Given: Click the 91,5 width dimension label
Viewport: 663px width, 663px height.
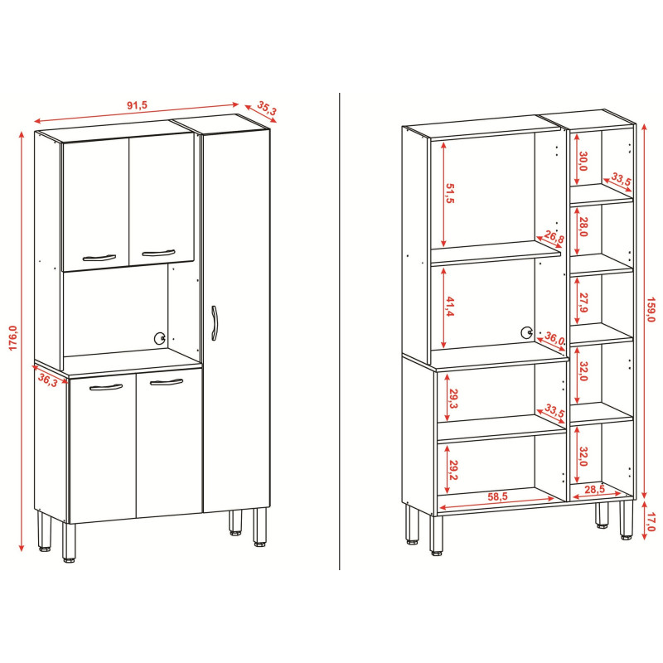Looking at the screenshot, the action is tap(137, 105).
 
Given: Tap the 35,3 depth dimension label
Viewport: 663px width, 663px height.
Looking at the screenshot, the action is tap(267, 109).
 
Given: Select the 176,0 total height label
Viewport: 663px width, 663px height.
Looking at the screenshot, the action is tap(12, 337).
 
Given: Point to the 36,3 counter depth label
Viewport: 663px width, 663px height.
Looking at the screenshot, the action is tap(48, 380).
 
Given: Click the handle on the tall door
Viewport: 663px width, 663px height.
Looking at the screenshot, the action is tap(215, 322).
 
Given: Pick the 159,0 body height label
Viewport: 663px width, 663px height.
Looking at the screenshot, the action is tap(651, 309).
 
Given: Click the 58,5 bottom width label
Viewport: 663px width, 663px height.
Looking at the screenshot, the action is tap(497, 496).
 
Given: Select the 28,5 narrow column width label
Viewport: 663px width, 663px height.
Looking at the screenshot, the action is tap(594, 489).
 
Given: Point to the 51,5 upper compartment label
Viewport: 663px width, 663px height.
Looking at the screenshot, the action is tap(449, 193).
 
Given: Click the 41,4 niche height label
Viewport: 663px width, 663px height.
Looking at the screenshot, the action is tap(449, 307).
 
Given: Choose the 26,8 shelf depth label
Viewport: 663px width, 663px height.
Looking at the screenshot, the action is tap(554, 237).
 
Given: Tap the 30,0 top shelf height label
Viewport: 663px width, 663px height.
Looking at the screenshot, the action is tap(583, 161).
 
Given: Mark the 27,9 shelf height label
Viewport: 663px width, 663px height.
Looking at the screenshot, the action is tap(583, 302).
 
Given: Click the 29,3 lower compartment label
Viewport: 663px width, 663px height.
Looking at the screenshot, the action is tap(452, 399).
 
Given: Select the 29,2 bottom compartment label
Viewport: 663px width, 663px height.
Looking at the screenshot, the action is tap(452, 470).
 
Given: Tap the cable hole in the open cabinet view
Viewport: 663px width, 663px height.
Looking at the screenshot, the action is tap(527, 333).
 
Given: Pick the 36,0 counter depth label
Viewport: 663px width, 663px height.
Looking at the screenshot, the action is tap(554, 338).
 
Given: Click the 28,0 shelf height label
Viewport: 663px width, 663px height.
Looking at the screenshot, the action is tap(583, 226).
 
